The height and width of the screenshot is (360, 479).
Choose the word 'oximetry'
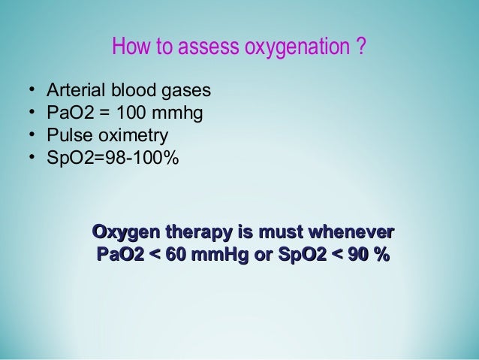[x=128, y=137]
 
